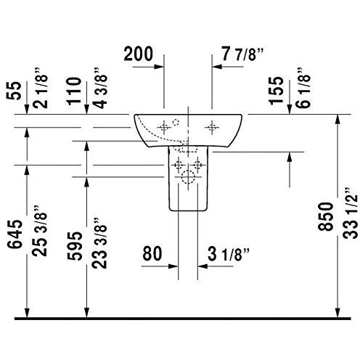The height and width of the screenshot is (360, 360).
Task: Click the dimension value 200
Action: click(139, 54)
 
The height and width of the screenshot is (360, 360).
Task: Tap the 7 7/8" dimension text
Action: click(242, 54)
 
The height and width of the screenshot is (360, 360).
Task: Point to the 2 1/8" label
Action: click(40, 88)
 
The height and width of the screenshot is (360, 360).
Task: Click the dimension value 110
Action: click(74, 91)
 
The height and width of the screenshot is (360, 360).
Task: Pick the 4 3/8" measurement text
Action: click(99, 88)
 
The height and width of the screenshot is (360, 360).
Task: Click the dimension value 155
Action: click(276, 91)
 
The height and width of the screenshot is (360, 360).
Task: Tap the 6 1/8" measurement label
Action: click(303, 88)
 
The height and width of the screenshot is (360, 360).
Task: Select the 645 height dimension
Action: click(15, 234)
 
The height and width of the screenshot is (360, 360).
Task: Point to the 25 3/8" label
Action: click(40, 230)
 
